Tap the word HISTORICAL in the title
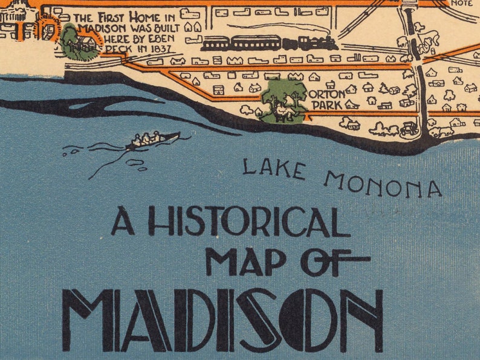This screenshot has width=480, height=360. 248,222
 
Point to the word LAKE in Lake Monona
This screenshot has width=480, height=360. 273,169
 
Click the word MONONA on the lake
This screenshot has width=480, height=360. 383,184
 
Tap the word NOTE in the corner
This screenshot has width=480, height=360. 462,3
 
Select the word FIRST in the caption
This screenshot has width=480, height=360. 112,18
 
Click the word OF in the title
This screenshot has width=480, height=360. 334,262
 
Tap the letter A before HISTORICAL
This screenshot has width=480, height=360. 123,222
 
